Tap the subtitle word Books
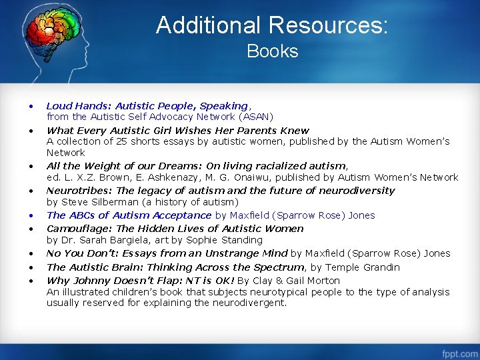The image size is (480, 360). pyautogui.click(x=272, y=51)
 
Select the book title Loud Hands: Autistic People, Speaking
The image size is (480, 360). pyautogui.click(x=147, y=106)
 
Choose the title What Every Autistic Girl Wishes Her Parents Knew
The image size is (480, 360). pyautogui.click(x=178, y=131)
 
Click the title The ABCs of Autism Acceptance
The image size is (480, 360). pyautogui.click(x=129, y=215)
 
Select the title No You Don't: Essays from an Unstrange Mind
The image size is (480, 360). pyautogui.click(x=167, y=253)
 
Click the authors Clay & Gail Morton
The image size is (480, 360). pyautogui.click(x=298, y=281)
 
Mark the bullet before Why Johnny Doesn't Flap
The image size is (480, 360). pyautogui.click(x=31, y=281)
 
